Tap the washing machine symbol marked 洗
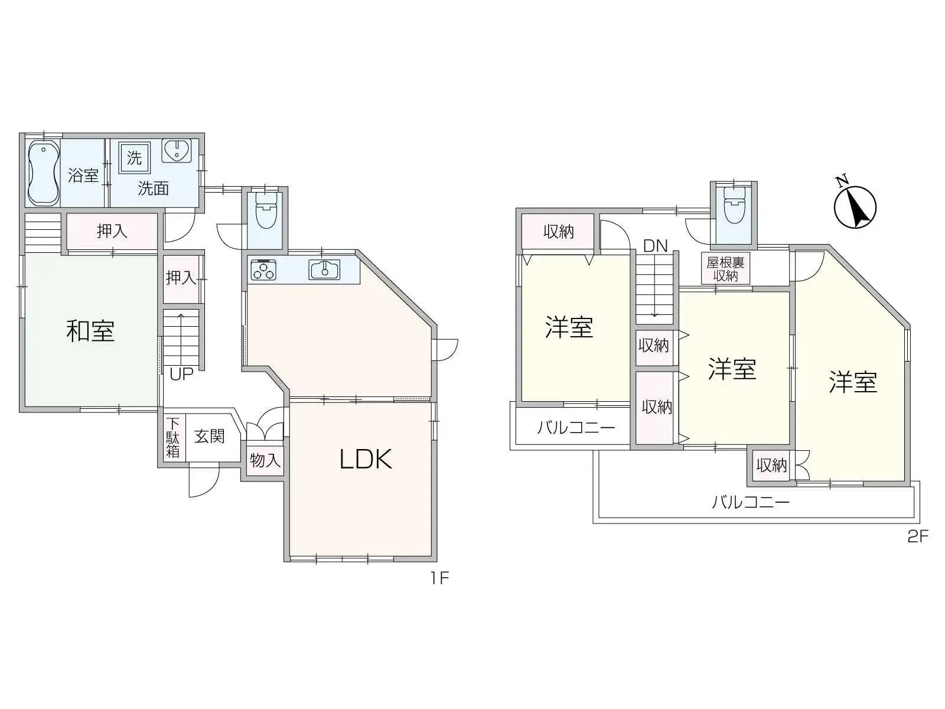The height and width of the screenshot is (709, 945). pos(135,158)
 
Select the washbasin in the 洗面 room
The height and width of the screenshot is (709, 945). pos(176,151)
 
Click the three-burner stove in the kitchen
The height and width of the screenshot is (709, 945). pos(263,270)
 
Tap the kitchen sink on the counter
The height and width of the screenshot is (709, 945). pos(324,269)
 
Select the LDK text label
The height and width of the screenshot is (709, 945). pos(366,459)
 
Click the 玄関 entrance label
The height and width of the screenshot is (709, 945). pos(210,437)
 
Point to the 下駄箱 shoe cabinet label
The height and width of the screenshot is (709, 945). pos(172,438)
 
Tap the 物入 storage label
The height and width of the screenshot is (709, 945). pos(265,460)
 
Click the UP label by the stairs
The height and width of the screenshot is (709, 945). pos(181,374)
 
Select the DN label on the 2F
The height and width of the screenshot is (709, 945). pos(655,246)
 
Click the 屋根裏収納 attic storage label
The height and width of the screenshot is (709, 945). pos(725,269)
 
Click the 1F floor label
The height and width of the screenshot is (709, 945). pos(439,577)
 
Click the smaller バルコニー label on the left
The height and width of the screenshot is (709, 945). pos(576,427)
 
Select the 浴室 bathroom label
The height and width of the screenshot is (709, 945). pos(83,175)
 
